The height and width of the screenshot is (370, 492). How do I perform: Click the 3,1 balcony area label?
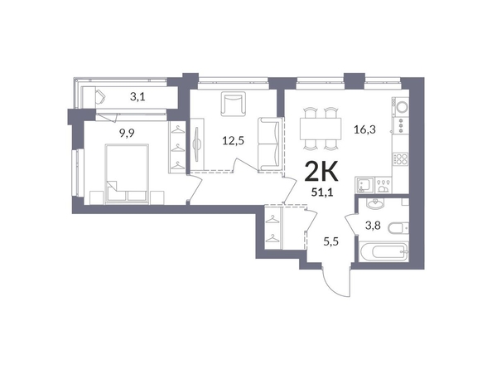137,97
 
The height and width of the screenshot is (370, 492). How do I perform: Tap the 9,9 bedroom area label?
127,134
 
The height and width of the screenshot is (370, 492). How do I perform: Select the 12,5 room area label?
233,141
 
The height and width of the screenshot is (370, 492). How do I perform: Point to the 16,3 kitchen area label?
365,129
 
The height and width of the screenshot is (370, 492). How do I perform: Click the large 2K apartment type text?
321,172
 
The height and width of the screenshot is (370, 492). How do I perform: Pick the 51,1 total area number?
322,192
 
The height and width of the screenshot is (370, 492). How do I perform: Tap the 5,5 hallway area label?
331,242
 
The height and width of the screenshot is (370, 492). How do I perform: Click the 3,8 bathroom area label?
373,225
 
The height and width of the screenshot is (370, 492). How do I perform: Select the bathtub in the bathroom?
383,251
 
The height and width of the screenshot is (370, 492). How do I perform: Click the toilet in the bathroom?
398,227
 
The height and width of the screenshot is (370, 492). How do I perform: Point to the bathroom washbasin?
374,204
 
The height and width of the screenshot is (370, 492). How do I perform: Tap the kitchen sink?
364,185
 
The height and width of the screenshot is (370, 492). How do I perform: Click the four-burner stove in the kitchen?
401,158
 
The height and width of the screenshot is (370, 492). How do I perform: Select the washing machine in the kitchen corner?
402,107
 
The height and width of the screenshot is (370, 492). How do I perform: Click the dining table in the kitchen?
321,129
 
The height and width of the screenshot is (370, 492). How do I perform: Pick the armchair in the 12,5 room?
233,104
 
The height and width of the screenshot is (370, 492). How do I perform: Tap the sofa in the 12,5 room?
268,144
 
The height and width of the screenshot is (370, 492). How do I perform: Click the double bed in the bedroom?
127,173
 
